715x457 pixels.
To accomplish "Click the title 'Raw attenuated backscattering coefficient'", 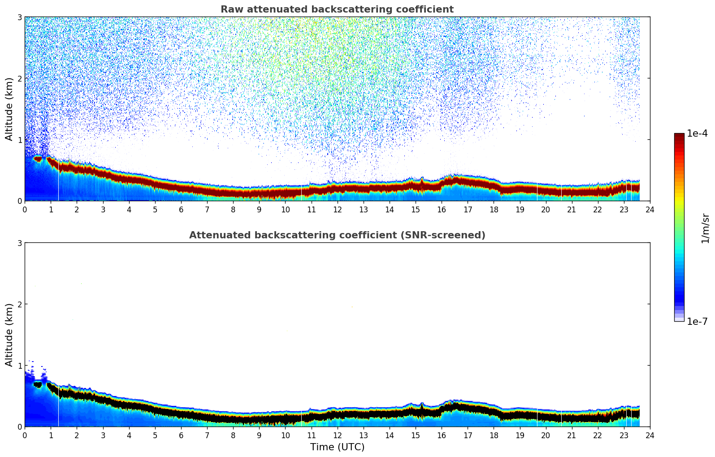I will point(337,9).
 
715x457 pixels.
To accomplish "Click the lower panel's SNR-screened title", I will point(337,235).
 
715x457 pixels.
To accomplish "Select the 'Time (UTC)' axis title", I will point(337,447).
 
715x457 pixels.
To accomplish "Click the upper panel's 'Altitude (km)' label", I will point(9,109).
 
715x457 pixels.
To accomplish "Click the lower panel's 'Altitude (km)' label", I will point(9,335).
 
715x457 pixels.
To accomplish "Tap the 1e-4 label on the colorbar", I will point(697,134).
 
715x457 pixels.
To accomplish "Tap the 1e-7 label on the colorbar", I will point(697,321).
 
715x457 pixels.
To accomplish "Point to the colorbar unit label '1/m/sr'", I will point(705,228).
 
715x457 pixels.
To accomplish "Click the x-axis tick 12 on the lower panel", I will point(337,435).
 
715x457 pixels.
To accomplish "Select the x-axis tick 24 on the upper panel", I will point(650,209).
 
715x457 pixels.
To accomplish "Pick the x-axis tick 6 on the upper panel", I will point(181,209).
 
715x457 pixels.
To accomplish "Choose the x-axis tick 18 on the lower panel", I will point(494,435).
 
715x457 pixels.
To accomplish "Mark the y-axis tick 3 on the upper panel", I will point(20,17).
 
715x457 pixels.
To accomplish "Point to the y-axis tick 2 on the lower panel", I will point(20,304).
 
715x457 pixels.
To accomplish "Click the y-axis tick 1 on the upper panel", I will point(20,140).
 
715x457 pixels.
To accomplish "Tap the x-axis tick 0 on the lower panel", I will point(25,435).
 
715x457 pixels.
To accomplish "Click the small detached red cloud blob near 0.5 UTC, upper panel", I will point(38,159).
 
